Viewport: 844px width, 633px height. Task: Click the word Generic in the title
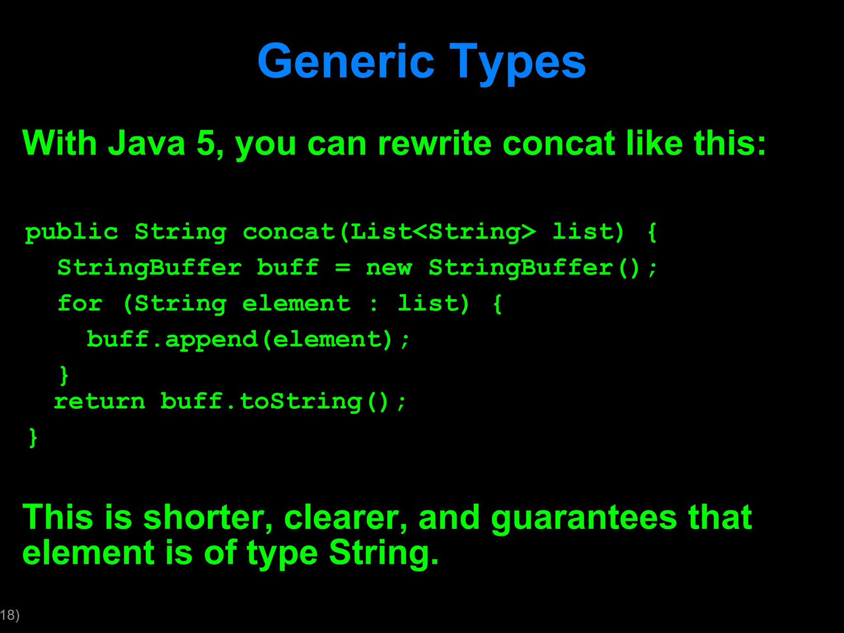point(346,62)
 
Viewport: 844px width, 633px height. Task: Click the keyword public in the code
point(72,232)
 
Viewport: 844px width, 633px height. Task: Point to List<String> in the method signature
point(443,232)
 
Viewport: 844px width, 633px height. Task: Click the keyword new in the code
point(389,268)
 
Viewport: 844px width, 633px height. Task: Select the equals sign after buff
point(342,268)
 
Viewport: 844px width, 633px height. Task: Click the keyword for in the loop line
point(80,304)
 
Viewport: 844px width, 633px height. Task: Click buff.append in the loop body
point(172,340)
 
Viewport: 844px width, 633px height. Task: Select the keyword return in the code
point(99,401)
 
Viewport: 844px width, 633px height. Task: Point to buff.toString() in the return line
point(274,401)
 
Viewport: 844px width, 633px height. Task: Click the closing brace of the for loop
point(64,375)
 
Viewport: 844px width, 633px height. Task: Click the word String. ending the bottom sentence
point(384,553)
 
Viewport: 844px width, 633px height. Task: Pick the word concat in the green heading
point(559,143)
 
